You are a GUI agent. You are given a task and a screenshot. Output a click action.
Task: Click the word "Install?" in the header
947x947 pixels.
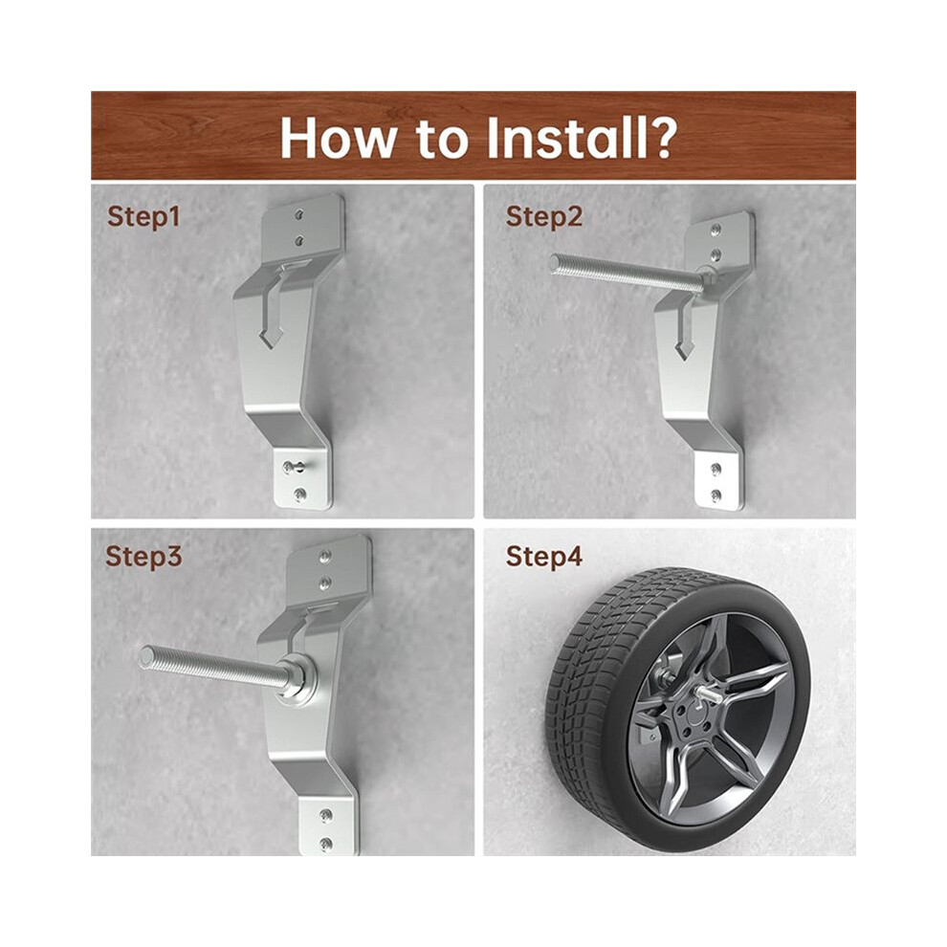point(583,139)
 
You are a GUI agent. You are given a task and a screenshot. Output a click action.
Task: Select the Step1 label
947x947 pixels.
point(143,217)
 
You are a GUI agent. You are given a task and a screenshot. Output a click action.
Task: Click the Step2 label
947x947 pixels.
point(544,217)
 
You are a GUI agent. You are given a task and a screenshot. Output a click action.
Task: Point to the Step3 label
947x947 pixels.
point(143,556)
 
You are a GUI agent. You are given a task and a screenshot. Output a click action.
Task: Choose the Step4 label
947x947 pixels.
point(544,556)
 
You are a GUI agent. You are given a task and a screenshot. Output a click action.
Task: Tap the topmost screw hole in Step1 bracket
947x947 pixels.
point(299,214)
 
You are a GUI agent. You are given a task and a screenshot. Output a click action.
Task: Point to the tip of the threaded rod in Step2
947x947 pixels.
point(556,263)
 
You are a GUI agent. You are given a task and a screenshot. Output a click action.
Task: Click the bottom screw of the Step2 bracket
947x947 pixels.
point(716,496)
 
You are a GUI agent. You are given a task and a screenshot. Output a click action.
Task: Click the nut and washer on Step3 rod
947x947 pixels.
point(297,680)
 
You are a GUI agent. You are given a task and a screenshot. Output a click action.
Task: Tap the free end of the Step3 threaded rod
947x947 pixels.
point(146,657)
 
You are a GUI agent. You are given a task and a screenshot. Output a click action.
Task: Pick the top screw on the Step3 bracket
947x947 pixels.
point(325,555)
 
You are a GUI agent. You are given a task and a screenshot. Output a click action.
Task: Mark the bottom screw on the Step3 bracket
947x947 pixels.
point(326,843)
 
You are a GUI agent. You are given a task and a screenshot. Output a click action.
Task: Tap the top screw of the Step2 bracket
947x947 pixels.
point(716,230)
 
